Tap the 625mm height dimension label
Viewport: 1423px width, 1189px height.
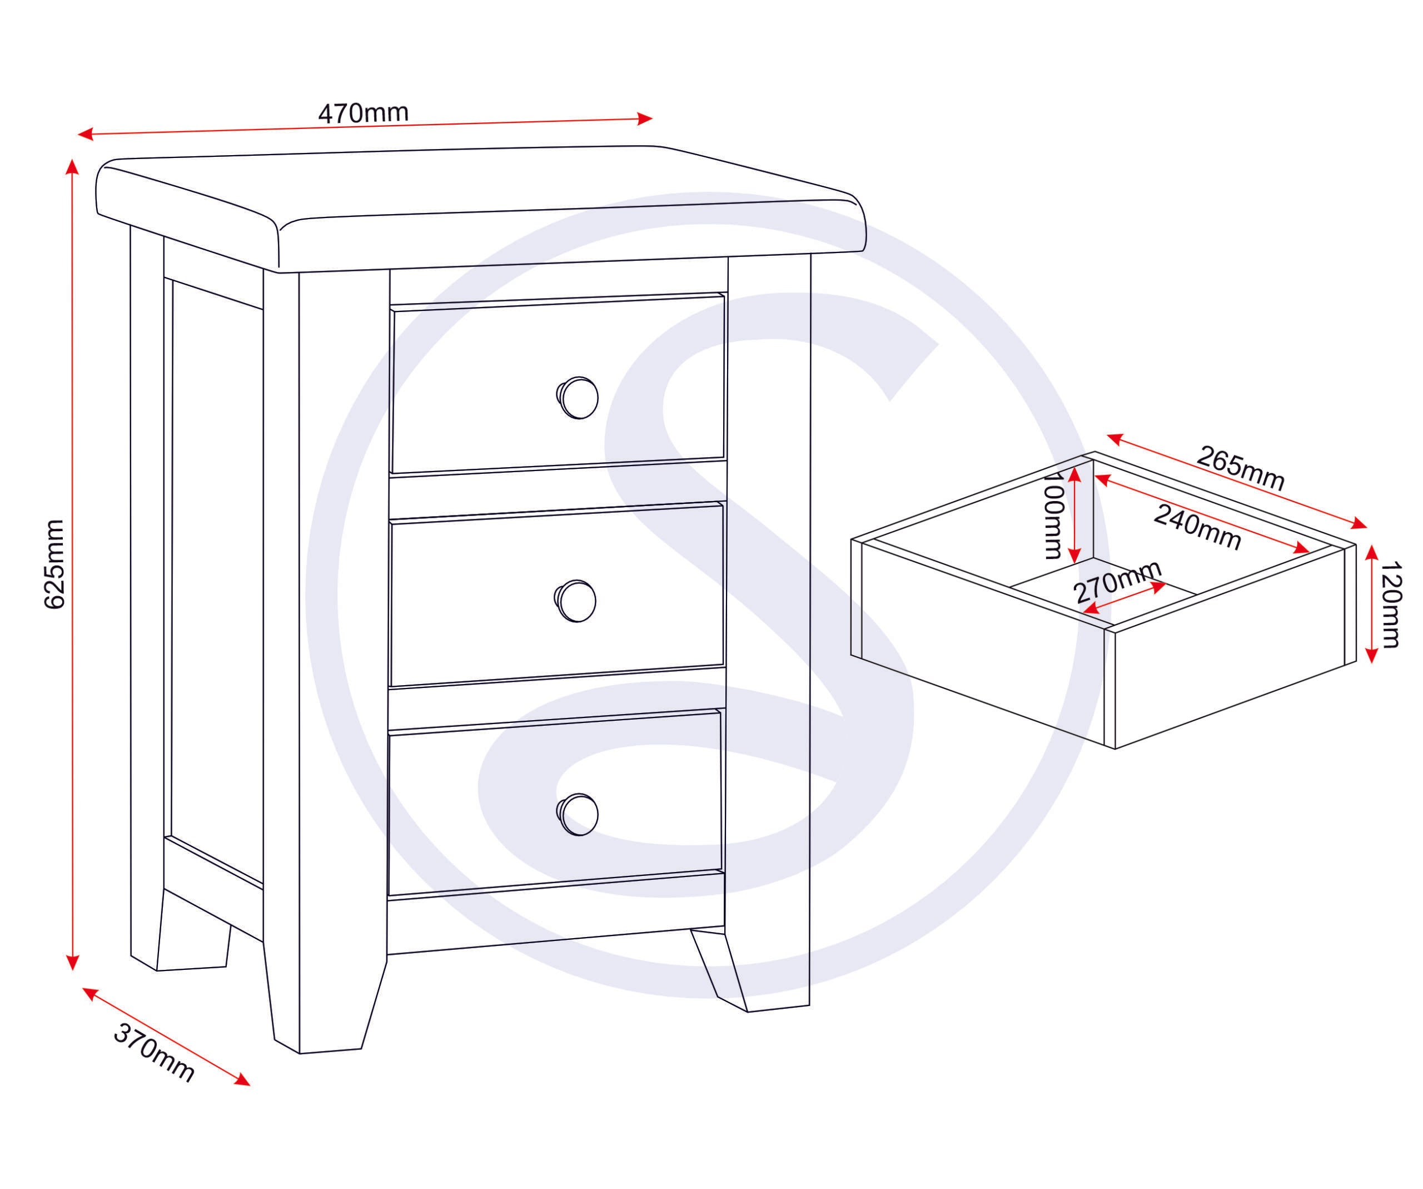[54, 564]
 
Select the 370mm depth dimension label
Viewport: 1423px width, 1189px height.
[155, 1053]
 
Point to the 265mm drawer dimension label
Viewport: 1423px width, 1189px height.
[1240, 467]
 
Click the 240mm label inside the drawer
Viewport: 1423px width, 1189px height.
[1197, 527]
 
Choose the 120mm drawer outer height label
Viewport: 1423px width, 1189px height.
[1389, 604]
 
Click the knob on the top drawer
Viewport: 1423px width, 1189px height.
[578, 398]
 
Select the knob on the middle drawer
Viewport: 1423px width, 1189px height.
[575, 601]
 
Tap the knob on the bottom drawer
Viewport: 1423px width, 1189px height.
[578, 814]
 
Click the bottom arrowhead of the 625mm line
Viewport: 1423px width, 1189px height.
[72, 963]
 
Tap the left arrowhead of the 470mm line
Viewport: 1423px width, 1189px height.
[86, 133]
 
